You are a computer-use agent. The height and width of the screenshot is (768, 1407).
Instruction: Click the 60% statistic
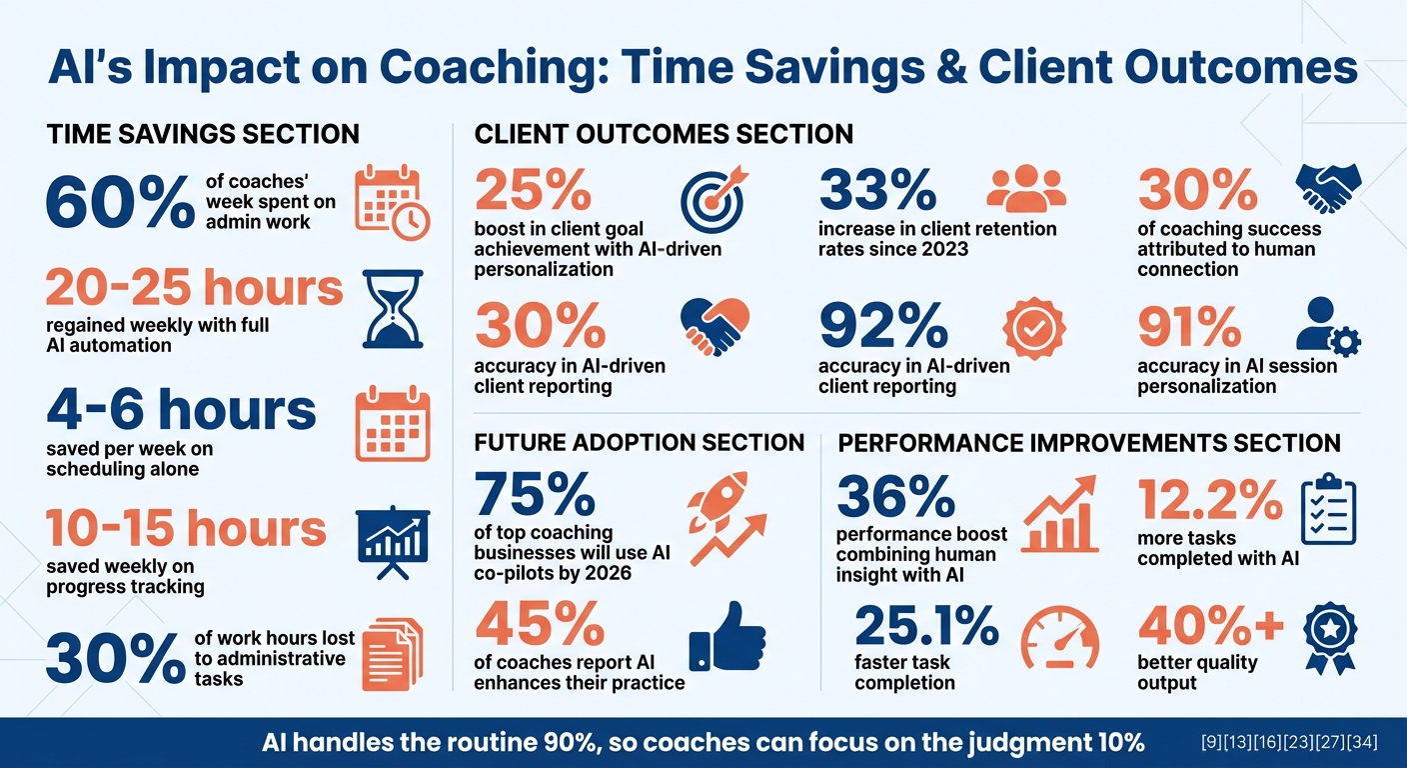pyautogui.click(x=120, y=203)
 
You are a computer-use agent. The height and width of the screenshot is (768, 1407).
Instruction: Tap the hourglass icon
pyautogui.click(x=392, y=308)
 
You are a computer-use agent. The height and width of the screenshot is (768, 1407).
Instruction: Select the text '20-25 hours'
pyautogui.click(x=195, y=289)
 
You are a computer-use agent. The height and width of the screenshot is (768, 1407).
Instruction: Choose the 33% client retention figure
pyautogui.click(x=877, y=189)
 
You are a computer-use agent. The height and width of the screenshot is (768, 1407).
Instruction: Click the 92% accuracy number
pyautogui.click(x=883, y=326)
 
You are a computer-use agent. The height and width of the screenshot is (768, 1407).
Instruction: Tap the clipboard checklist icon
pyautogui.click(x=1328, y=510)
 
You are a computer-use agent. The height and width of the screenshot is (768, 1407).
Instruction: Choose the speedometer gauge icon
pyautogui.click(x=1061, y=637)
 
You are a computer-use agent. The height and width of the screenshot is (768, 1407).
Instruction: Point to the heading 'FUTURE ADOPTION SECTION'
pyautogui.click(x=639, y=442)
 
